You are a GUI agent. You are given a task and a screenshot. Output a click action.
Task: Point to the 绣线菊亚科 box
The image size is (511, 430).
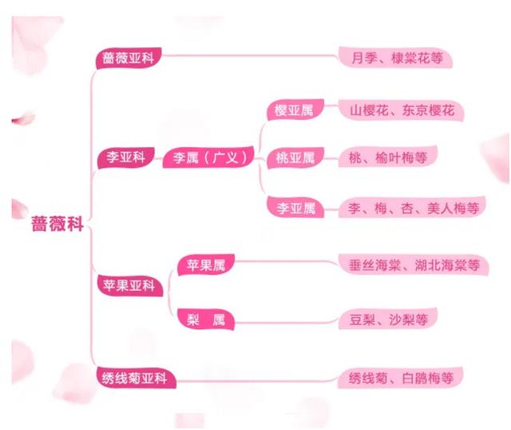tap(134, 378)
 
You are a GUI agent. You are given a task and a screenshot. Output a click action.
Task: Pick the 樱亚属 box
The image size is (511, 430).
tap(293, 111)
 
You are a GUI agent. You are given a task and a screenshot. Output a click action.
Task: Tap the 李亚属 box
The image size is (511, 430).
tap(295, 209)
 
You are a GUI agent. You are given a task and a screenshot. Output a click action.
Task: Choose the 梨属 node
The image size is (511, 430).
tap(206, 321)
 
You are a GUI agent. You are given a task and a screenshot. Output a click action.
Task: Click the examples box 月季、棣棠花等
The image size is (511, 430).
tap(396, 58)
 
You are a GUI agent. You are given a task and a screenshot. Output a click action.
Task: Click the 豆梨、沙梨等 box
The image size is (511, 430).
tap(389, 321)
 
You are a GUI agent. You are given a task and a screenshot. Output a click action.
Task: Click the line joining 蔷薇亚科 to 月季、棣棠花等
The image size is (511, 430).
tap(255, 58)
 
